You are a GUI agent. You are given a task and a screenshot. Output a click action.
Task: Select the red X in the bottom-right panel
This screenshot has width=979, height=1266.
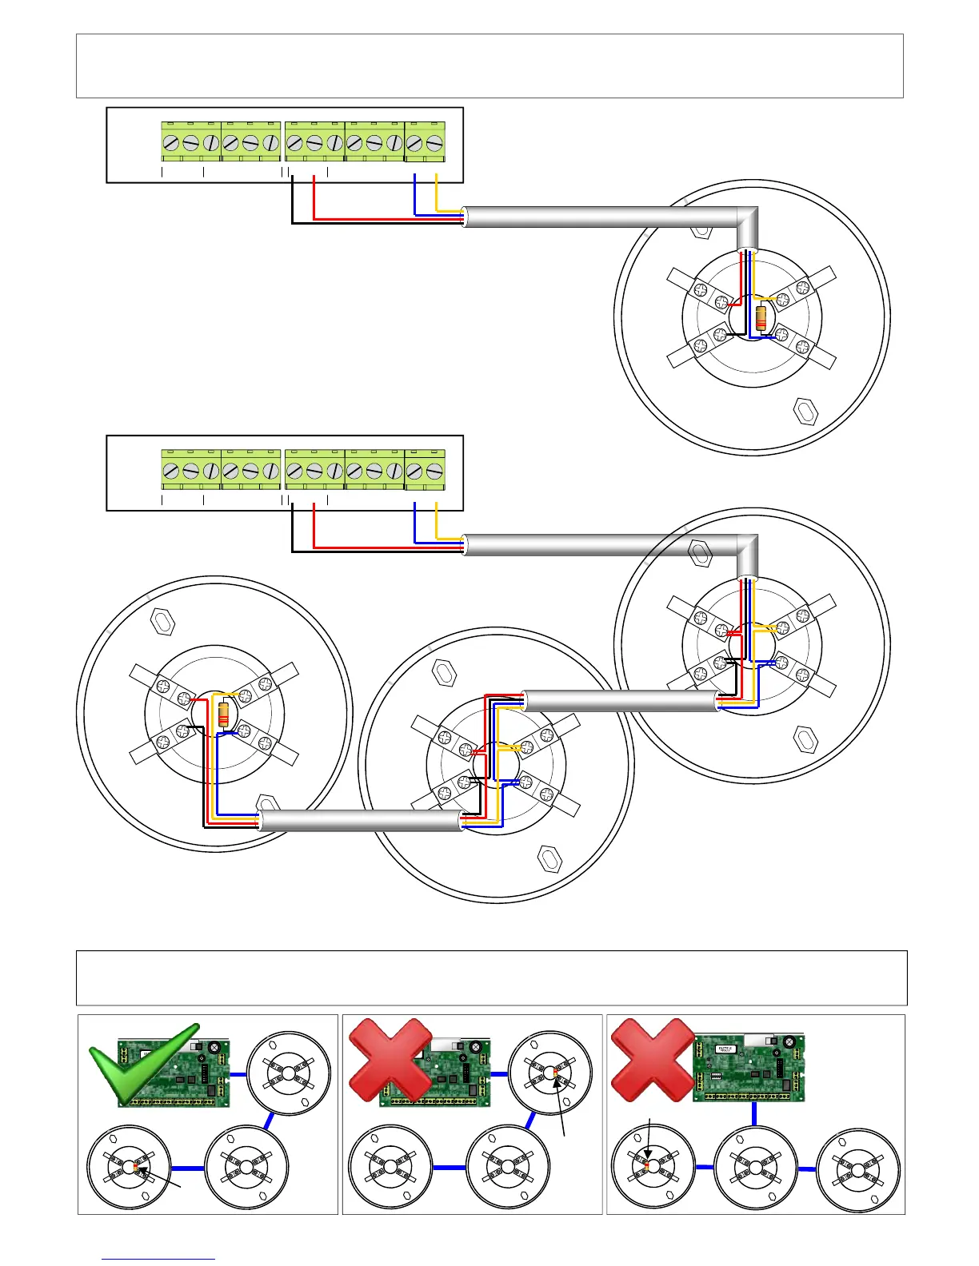coord(653,1059)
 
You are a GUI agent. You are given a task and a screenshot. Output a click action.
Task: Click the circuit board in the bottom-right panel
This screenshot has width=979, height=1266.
coord(748,1068)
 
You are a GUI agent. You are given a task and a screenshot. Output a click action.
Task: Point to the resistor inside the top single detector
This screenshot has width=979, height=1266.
coord(761,318)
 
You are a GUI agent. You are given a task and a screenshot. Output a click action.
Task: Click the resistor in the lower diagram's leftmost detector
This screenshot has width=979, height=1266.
coord(224,712)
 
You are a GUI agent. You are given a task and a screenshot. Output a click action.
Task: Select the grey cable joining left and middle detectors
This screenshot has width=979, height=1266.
coord(361,821)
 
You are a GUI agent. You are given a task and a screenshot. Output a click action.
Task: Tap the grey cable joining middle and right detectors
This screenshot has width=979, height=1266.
coord(620,701)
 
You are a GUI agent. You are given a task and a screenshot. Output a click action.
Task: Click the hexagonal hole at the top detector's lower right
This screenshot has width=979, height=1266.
coord(805,411)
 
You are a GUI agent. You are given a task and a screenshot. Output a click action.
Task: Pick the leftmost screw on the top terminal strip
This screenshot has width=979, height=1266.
coord(171,144)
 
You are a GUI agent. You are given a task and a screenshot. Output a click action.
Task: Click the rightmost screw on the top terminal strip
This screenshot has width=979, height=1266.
coord(434,144)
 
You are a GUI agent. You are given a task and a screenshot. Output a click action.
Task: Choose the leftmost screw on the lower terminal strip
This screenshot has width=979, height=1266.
coord(171,472)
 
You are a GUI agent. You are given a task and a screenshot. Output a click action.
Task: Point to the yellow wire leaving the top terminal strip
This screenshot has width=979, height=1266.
coord(437,192)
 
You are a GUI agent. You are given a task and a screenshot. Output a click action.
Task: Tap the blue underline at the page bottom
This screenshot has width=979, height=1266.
coord(158,1259)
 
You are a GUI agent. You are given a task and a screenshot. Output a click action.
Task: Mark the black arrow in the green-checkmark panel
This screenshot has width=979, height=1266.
coord(160,1179)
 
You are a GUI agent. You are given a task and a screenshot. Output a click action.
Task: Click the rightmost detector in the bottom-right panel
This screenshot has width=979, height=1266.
coord(858,1169)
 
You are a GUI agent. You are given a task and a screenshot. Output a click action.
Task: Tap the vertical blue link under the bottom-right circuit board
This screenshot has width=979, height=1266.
coord(754,1113)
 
